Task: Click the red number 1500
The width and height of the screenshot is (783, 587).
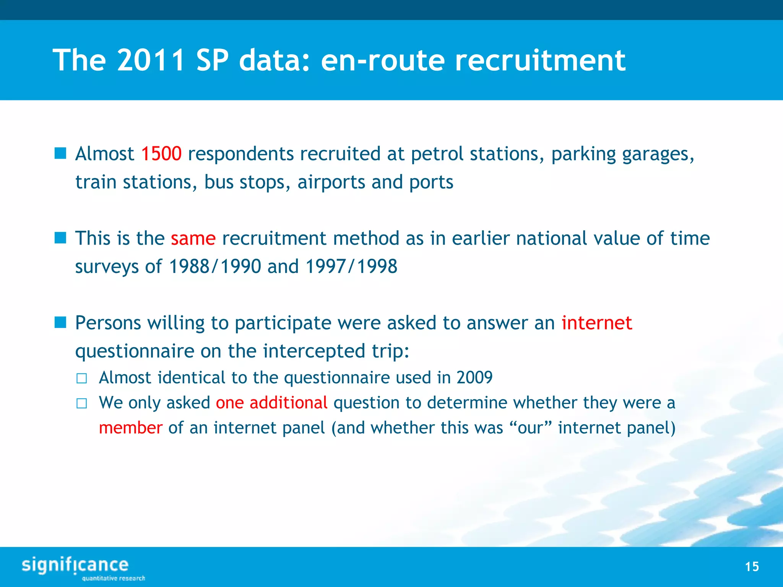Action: point(161,154)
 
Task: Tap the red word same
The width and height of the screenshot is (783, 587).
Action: point(193,238)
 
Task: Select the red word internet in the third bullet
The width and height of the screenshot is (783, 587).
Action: point(596,323)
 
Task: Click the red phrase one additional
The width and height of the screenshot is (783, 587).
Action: point(271,403)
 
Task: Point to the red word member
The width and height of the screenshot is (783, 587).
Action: point(131,428)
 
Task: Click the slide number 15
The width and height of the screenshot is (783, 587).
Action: point(752,567)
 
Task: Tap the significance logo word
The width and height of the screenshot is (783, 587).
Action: point(75,565)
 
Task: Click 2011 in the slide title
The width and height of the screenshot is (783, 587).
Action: point(151,60)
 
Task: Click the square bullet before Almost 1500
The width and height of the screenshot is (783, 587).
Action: point(60,154)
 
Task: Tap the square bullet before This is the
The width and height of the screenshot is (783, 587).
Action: point(60,238)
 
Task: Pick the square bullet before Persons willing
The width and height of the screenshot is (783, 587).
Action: point(60,323)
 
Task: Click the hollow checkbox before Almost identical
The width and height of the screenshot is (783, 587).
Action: point(81,379)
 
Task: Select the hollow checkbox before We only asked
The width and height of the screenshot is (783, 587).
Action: point(81,404)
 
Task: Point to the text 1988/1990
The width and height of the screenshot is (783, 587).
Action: point(215,266)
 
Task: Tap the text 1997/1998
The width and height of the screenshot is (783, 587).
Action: point(351,266)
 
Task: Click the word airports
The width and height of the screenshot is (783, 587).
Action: point(331,182)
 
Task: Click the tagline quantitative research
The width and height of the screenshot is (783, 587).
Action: point(114,578)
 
